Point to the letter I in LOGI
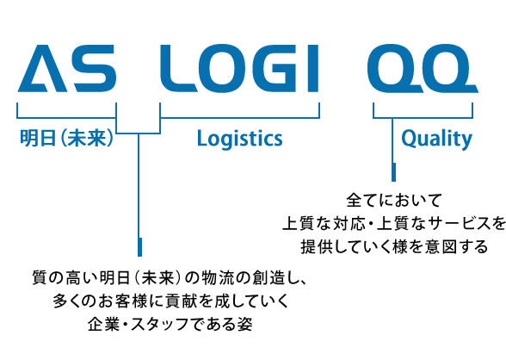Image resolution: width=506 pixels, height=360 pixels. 313,68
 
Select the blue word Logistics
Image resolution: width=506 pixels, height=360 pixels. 240,139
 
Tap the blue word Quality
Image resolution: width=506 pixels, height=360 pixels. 436,139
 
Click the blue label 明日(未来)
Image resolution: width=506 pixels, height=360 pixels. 66,138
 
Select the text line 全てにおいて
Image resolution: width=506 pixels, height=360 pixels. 393,200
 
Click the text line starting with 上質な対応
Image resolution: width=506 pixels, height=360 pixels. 394,224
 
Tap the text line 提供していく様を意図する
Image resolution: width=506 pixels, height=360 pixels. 394,246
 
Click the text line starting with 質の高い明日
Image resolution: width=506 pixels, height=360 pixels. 169,278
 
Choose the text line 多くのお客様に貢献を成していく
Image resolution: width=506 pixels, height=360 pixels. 170,301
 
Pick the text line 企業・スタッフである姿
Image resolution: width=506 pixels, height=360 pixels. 170,324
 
